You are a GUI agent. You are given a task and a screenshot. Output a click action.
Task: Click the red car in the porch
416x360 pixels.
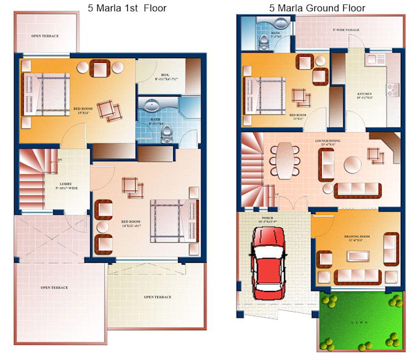tap(270, 259)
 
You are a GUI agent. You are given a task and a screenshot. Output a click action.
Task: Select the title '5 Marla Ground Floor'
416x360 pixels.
tap(317, 8)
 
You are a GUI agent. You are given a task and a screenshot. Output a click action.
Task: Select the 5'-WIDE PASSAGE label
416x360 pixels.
tap(346, 29)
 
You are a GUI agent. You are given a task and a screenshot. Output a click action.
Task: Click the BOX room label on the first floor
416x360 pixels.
tap(166, 77)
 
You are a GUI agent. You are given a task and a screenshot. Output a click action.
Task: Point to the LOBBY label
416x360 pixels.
tap(67, 185)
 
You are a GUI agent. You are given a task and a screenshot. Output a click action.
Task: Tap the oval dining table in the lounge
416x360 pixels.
tap(286, 158)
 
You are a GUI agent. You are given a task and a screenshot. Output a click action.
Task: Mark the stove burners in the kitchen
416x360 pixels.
tap(392, 90)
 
